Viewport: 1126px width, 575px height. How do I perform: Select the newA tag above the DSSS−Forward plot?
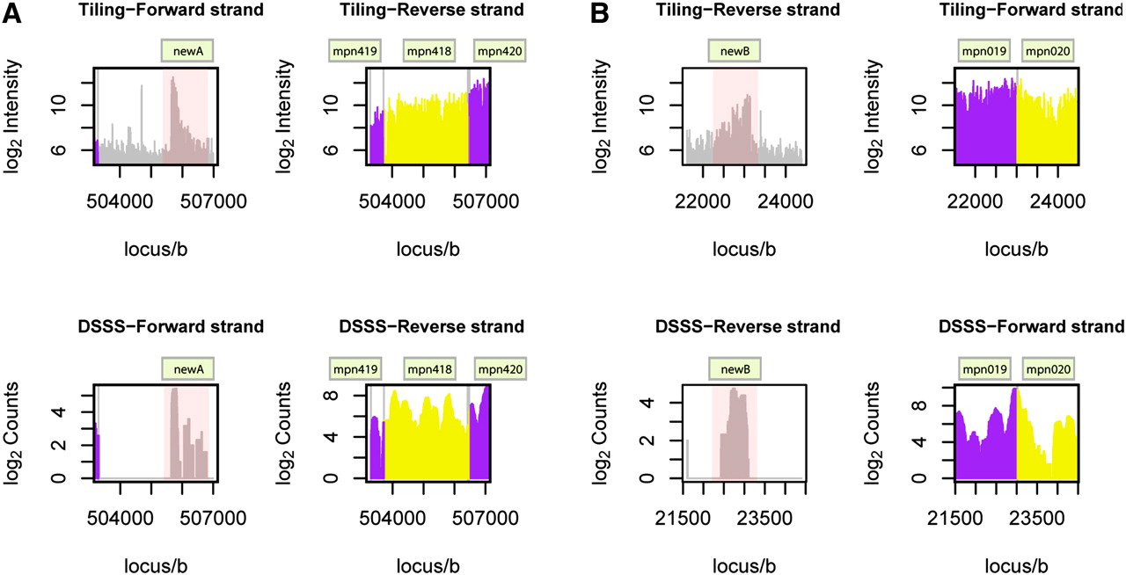pos(187,368)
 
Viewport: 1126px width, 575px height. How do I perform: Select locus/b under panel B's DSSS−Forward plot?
pos(1016,564)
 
